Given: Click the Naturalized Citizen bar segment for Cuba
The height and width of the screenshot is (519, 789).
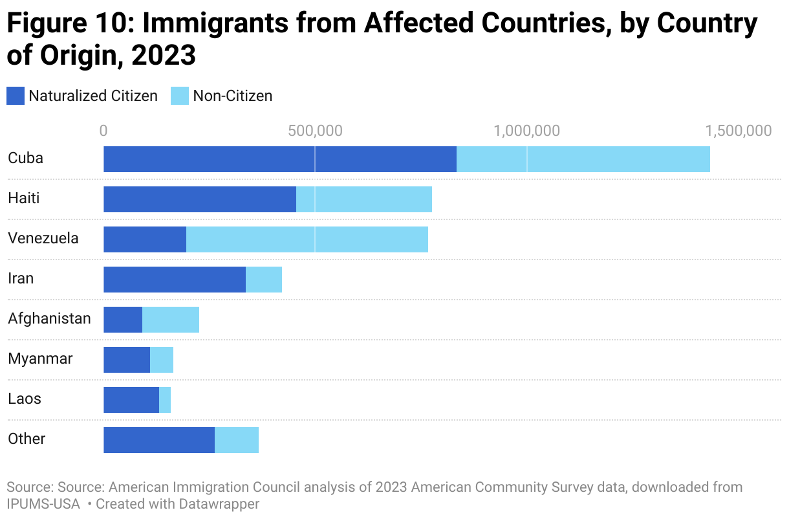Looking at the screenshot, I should coord(280,159).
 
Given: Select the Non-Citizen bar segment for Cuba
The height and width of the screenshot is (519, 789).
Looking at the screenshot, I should coord(583,159).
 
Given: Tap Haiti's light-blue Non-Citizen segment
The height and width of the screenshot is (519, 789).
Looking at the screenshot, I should coord(364,199).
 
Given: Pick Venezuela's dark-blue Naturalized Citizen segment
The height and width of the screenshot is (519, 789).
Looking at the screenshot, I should coord(145,239).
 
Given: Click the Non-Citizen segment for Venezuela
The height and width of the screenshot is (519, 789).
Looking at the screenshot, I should coord(307,239).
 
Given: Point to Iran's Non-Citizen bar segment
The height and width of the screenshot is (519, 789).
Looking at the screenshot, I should coord(264,280).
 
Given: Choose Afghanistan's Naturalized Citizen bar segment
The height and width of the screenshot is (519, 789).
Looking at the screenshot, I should coord(123,320).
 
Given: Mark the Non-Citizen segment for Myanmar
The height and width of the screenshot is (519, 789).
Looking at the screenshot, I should coord(162,360).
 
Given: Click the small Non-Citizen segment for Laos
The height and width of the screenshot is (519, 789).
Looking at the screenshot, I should coord(165,400).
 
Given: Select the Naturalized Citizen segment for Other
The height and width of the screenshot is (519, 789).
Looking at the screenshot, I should coord(159,440).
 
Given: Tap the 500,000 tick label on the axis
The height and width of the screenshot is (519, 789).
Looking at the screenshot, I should coord(315,131).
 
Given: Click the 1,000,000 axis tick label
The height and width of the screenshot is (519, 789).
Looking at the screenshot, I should coord(526,131).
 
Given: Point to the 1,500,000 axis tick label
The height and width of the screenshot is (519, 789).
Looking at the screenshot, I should coord(738,131).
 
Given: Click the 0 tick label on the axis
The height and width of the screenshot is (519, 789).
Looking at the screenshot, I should coord(103,131).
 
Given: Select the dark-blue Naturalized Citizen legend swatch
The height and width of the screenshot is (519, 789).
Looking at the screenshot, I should coord(16,96).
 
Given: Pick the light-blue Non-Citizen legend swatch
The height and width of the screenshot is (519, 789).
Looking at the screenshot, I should coord(180,96).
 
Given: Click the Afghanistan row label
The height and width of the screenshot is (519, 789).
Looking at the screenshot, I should coord(49,318).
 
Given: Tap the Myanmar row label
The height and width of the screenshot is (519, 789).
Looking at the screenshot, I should coord(40,359).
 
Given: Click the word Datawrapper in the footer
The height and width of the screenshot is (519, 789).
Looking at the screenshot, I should coord(221,503).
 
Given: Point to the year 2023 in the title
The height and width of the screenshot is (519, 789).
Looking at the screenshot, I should coord(163,56).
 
